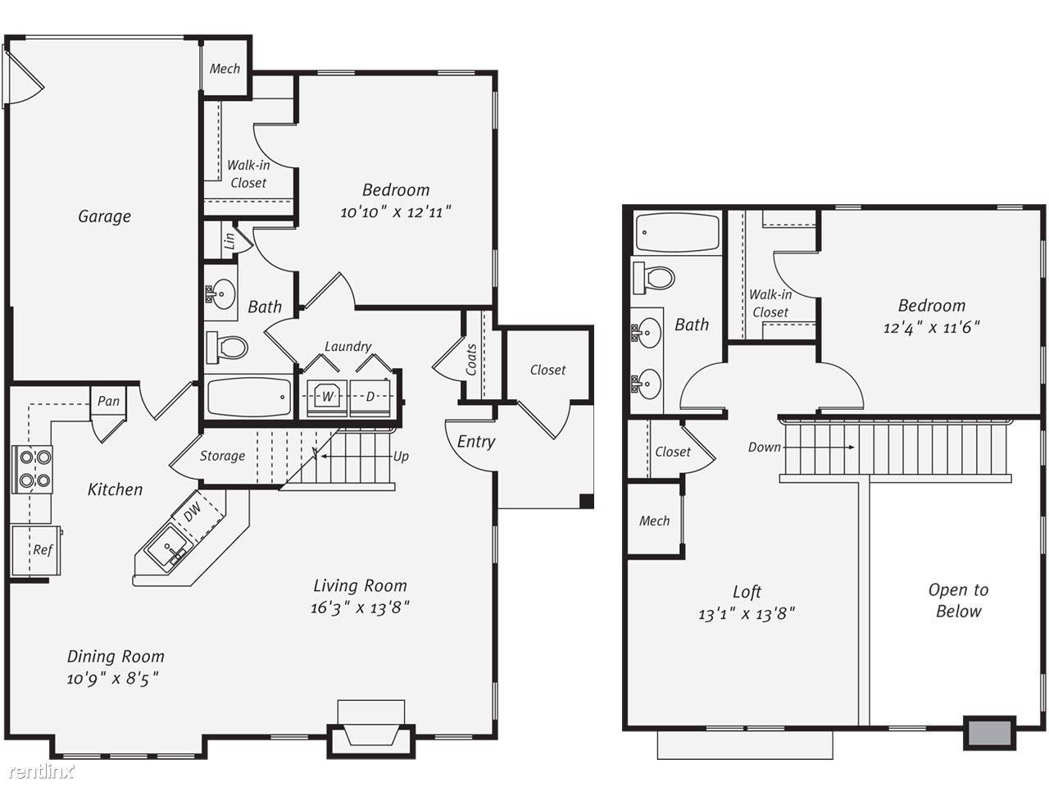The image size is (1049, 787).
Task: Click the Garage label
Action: (104, 216)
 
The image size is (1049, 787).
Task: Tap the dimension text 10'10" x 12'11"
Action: (395, 212)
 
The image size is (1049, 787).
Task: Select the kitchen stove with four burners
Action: (33, 469)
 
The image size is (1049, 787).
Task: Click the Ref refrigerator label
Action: (43, 549)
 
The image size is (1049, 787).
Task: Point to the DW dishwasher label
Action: (192, 512)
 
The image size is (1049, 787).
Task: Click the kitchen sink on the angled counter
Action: (168, 548)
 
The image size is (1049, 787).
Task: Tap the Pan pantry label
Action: (108, 401)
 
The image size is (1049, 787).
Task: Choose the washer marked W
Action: (327, 397)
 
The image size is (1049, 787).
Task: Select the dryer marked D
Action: (370, 397)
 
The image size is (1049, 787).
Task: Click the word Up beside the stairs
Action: (401, 457)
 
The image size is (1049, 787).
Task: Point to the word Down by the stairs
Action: (764, 448)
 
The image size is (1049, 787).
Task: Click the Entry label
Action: (476, 442)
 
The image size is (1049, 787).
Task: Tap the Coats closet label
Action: (471, 359)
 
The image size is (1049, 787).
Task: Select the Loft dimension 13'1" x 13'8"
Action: (747, 613)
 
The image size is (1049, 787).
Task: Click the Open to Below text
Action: (958, 601)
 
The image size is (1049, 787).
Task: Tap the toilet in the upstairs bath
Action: (654, 278)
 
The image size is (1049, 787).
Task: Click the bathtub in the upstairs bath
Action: (677, 233)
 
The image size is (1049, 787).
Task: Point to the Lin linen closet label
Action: (229, 241)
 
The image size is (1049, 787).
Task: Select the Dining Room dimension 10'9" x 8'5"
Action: (113, 678)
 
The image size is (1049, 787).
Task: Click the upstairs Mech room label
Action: (654, 521)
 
